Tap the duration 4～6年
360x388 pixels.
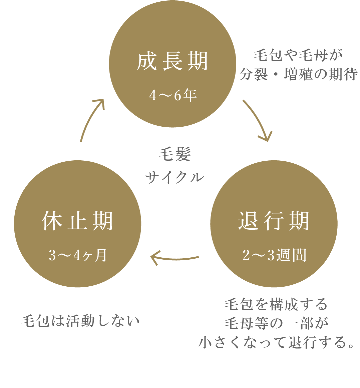(172, 96)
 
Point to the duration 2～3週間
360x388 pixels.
(274, 256)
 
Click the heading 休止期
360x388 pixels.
(77, 221)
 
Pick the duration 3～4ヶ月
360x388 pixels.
(77, 256)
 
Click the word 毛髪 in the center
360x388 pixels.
(174, 155)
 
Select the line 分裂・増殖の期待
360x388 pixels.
(298, 75)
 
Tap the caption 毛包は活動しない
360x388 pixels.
(80, 321)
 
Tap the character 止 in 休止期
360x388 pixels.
(77, 221)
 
